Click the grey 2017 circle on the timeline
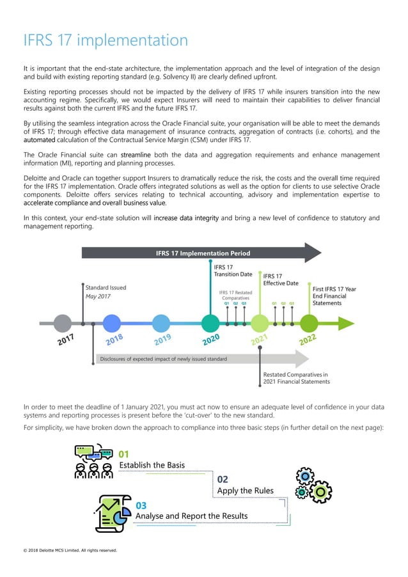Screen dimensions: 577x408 (x=62, y=323)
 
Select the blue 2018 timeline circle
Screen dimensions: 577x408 (x=112, y=323)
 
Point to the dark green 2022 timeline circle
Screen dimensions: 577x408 (x=309, y=323)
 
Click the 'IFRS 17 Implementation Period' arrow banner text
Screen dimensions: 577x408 (x=194, y=253)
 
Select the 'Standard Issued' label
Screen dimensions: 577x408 (x=106, y=288)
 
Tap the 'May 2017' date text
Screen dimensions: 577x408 (x=99, y=297)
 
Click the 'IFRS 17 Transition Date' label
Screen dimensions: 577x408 (x=233, y=271)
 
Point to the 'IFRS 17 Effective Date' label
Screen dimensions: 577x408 (x=281, y=280)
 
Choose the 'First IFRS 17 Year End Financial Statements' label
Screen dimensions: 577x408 (x=334, y=296)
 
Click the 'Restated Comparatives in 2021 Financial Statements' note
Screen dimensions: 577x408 (x=296, y=377)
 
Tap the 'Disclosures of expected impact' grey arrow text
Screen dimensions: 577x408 (x=163, y=359)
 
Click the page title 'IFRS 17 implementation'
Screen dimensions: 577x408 (x=106, y=41)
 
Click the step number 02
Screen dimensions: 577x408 (x=223, y=479)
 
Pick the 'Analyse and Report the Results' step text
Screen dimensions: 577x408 (x=191, y=516)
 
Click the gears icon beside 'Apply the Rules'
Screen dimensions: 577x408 (x=312, y=485)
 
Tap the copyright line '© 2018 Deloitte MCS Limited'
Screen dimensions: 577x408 (x=69, y=549)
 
